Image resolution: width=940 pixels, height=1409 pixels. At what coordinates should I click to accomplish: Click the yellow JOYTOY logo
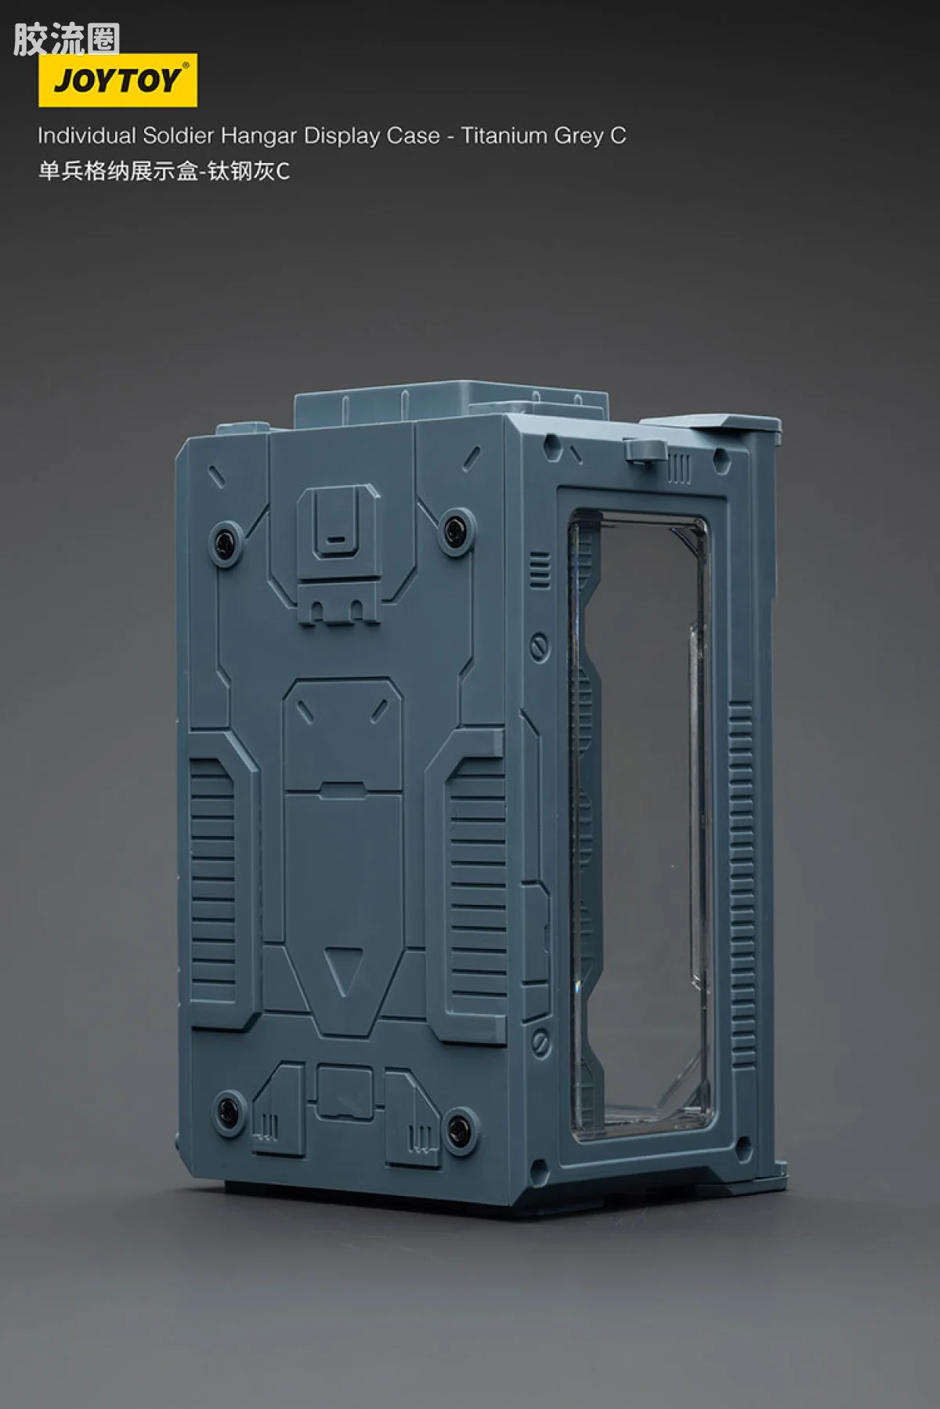click(117, 80)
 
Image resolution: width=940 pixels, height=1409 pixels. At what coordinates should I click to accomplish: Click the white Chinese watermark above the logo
click(67, 39)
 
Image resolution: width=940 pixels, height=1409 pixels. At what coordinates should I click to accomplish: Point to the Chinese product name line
click(164, 171)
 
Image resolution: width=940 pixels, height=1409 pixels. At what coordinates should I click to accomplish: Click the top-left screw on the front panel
click(227, 541)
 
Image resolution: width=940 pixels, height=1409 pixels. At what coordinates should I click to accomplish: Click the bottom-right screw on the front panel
click(460, 1126)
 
